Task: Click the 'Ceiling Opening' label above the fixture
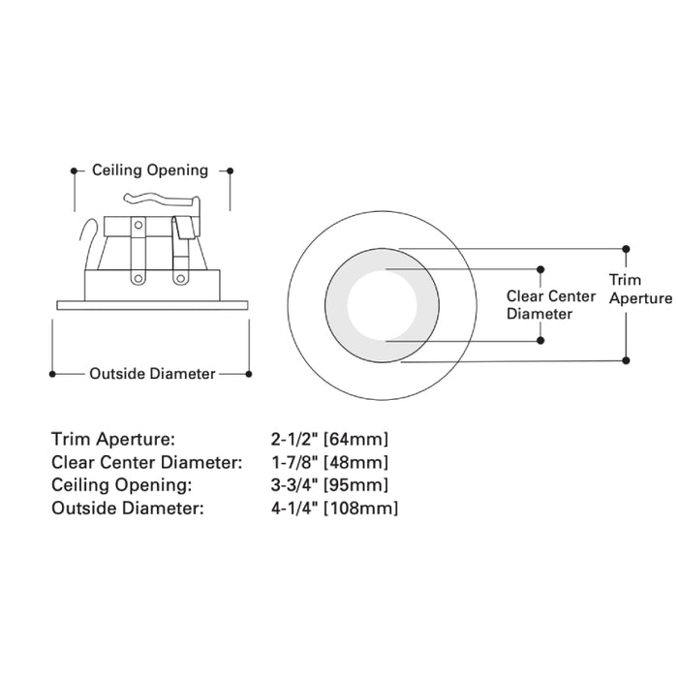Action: click(x=150, y=170)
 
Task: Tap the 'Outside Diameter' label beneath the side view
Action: click(x=152, y=373)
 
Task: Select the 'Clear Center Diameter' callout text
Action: click(x=552, y=304)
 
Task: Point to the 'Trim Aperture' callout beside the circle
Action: click(x=639, y=289)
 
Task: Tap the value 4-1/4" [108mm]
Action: click(x=335, y=508)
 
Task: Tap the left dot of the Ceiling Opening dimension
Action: click(x=74, y=171)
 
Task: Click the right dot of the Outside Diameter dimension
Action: click(x=249, y=373)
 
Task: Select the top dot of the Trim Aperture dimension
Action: click(x=627, y=248)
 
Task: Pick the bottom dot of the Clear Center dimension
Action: click(x=541, y=341)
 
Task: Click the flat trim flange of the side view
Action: click(x=152, y=305)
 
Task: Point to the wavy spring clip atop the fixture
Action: click(x=160, y=201)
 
